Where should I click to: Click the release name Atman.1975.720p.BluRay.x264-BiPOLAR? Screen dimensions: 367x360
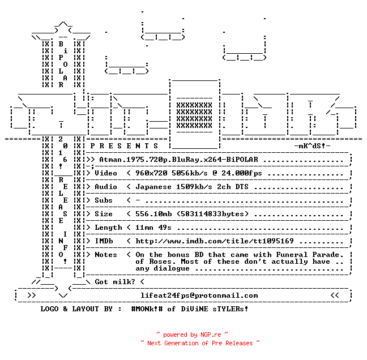(178, 160)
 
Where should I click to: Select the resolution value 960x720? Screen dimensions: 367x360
(151, 173)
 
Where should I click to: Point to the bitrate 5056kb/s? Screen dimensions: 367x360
(190, 173)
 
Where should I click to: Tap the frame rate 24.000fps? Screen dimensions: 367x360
(242, 173)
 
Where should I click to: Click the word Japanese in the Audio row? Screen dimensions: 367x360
(153, 187)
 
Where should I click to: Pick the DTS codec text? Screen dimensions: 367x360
(242, 187)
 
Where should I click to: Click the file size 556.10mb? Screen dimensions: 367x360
(153, 214)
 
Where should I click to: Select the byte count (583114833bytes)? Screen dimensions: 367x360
(212, 214)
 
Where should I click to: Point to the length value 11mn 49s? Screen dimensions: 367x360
(153, 228)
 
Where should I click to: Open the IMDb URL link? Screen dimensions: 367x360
(215, 241)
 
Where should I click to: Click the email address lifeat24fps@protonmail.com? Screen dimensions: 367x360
(199, 295)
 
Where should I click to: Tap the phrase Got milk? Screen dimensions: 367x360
(115, 282)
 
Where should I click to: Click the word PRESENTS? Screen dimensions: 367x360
(124, 146)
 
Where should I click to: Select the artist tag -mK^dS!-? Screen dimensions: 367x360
(312, 146)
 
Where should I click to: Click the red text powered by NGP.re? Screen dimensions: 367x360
(192, 335)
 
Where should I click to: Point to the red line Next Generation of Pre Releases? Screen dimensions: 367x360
(200, 343)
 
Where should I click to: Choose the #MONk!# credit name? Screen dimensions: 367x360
(147, 309)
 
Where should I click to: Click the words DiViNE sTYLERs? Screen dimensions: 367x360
(215, 309)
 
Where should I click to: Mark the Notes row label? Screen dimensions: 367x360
(106, 255)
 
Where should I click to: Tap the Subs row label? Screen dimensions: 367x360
(104, 200)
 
